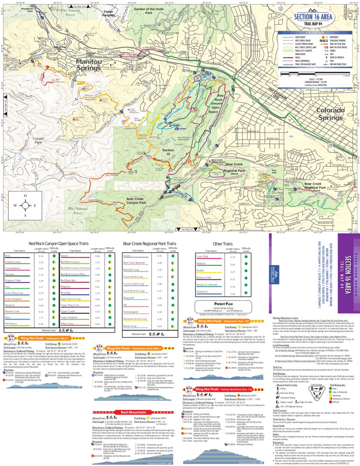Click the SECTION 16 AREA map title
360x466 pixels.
313,17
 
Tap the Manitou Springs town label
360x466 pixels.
89,65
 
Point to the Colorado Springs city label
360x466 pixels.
330,114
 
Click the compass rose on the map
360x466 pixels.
25,205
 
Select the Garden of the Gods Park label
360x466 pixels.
148,11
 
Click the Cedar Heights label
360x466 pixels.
108,14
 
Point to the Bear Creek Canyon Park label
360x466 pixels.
136,201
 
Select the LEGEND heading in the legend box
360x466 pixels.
315,33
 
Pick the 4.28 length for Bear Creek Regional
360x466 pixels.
160,263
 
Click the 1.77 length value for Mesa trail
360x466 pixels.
41,318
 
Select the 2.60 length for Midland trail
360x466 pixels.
233,264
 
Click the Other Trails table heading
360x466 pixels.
222,244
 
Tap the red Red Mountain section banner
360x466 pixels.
133,412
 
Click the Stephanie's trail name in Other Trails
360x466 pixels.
202,292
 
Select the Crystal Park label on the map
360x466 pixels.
38,140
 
